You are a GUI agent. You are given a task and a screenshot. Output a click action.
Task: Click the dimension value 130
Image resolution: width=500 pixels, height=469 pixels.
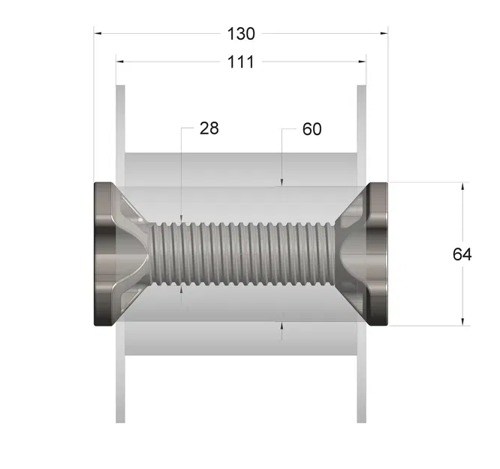[240, 34]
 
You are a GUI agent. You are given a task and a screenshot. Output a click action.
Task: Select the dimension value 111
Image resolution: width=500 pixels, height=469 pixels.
[240, 62]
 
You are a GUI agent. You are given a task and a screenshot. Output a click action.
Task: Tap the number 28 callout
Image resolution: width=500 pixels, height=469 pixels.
[209, 128]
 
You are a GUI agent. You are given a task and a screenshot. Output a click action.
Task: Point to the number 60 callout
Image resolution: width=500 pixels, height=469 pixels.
[312, 129]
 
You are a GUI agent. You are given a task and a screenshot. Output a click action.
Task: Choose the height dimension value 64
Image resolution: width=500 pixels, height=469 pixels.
[462, 254]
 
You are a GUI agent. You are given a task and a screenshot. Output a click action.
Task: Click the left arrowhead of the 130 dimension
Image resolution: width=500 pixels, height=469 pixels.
[98, 33]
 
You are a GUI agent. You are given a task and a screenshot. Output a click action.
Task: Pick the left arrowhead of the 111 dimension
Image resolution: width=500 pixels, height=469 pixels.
[120, 62]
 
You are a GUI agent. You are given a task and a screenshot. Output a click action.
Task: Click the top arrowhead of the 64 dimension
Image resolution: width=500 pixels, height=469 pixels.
[462, 187]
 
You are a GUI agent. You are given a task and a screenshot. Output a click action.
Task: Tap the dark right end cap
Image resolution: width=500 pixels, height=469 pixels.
[379, 254]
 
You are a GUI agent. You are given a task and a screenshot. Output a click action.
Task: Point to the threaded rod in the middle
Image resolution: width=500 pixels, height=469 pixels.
[240, 254]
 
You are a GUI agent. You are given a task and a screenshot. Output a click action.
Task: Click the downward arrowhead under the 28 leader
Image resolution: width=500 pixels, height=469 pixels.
[182, 218]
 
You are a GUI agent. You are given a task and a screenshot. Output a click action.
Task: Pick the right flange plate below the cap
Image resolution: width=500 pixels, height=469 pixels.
[361, 375]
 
